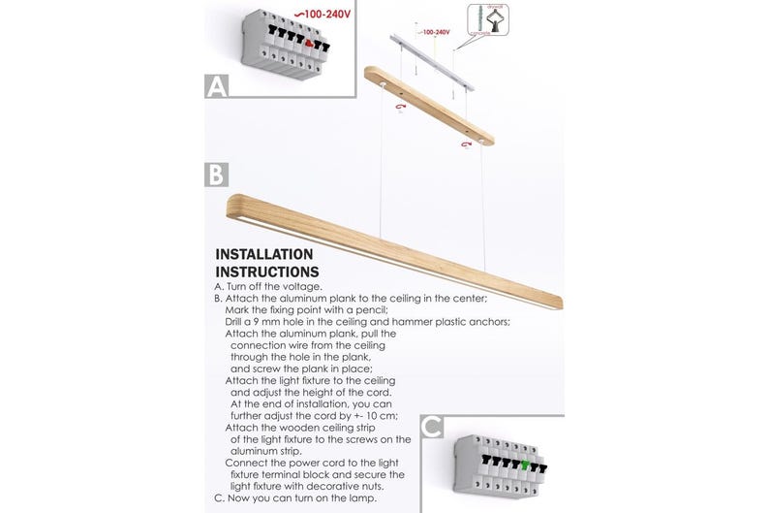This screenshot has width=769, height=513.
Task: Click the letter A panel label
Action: click(217, 87)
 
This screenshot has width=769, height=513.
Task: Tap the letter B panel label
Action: click(217, 175)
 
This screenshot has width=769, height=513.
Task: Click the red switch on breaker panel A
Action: click(309, 43)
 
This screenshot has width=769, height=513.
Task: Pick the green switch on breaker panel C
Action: click(524, 464)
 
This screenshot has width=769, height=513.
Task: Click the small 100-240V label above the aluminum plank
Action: click(436, 32)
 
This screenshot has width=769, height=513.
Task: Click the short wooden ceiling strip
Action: click(428, 106)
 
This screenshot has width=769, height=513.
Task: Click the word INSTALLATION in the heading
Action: click(264, 255)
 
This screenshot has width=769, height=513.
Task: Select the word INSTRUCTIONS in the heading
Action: click(266, 273)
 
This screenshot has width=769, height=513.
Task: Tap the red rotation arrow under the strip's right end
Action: click(466, 144)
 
